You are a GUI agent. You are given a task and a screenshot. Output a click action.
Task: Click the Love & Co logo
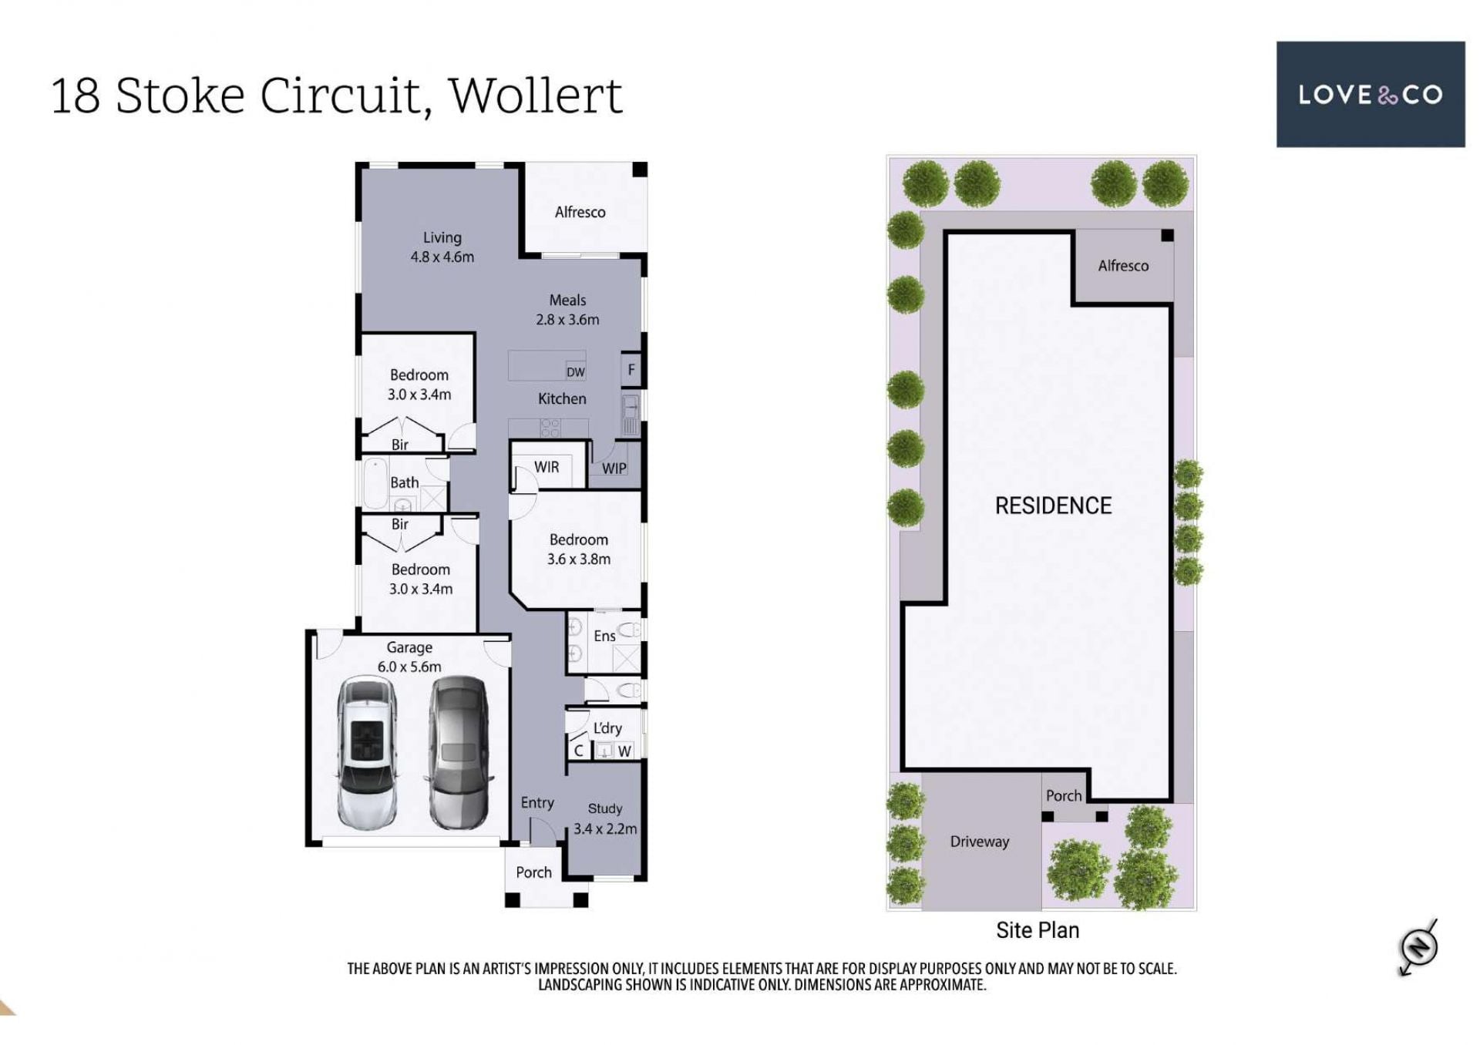pos(1370,94)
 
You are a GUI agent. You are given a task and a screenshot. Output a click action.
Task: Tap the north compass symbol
pos(1418,946)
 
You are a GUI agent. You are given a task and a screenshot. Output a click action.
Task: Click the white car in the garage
pos(368,752)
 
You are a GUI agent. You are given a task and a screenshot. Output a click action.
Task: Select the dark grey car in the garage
pos(459,752)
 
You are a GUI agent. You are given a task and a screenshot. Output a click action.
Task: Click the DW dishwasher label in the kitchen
pos(576,372)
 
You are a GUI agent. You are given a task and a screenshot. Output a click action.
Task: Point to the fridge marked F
pos(631,370)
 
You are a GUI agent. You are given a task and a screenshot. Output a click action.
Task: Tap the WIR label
pos(547,467)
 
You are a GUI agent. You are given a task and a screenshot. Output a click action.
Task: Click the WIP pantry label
pos(614,469)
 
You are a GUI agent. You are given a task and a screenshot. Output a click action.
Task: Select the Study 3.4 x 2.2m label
pos(605,818)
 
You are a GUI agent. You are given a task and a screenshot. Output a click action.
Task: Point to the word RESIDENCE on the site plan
pos(1053,506)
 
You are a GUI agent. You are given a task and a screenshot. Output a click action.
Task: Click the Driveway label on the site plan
pos(979,842)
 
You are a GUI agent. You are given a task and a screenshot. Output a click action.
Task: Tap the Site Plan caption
pos(1038,930)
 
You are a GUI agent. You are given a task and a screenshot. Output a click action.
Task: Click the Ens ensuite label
pos(604,636)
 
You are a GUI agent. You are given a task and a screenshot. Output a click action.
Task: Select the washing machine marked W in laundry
pos(624,751)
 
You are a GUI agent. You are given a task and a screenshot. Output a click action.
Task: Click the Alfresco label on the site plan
pos(1123,266)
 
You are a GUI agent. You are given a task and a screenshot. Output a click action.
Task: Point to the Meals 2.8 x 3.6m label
pos(567,310)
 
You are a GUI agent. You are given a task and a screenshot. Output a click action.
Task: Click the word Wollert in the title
pos(535,96)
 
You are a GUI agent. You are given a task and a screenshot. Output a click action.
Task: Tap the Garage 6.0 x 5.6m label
pos(409,657)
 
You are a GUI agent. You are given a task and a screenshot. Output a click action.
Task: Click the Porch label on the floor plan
pos(533,872)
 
